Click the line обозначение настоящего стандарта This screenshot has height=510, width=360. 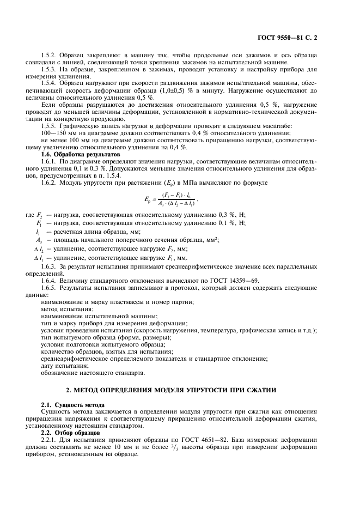click(93, 373)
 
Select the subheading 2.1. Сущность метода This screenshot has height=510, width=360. click(72, 405)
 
